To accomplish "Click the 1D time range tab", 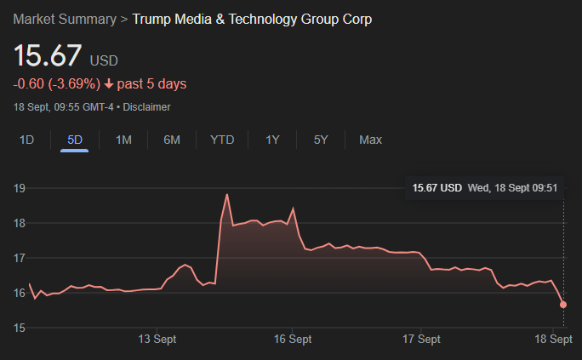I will pyautogui.click(x=27, y=140).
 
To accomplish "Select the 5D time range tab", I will pyautogui.click(x=75, y=140).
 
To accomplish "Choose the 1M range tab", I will pyautogui.click(x=123, y=140).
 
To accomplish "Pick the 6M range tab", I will pyautogui.click(x=172, y=140).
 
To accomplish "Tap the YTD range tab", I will pyautogui.click(x=222, y=140).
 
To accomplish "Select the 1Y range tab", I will pyautogui.click(x=272, y=140).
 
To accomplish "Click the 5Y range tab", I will pyautogui.click(x=321, y=140).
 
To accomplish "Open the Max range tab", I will pyautogui.click(x=370, y=140).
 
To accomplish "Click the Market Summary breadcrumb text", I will pyautogui.click(x=63, y=19).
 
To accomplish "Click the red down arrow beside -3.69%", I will pyautogui.click(x=109, y=84).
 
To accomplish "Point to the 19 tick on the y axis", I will pyautogui.click(x=19, y=188).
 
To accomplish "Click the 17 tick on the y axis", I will pyautogui.click(x=19, y=258).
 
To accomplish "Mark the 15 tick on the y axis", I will pyautogui.click(x=19, y=328).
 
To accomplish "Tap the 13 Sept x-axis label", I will pyautogui.click(x=157, y=339).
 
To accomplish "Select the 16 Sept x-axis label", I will pyautogui.click(x=293, y=339).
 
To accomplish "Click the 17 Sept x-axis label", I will pyautogui.click(x=422, y=339).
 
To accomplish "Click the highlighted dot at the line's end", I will pyautogui.click(x=563, y=305).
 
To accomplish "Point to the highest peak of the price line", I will pyautogui.click(x=227, y=195).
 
